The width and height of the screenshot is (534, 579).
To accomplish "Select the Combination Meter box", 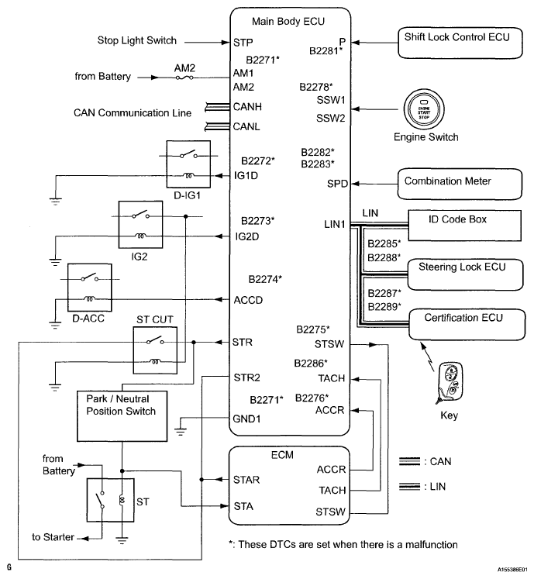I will (443, 181).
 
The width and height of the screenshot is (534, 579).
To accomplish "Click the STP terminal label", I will (243, 42).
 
